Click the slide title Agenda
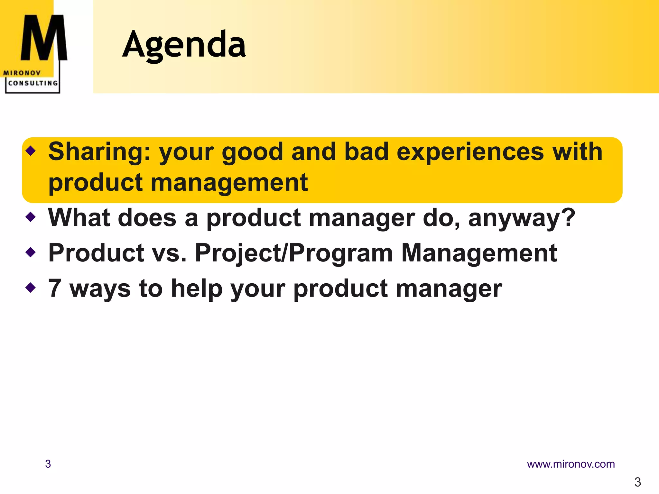pos(184,45)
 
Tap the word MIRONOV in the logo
pos(22,73)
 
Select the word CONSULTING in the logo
pos(33,83)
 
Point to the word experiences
pos(470,152)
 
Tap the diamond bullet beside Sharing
pos(31,150)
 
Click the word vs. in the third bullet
pos(169,253)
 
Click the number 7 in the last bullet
pos(55,288)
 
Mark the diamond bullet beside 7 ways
pos(31,287)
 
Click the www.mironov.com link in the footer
pos(571,464)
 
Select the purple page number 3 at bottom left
pos(48,464)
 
